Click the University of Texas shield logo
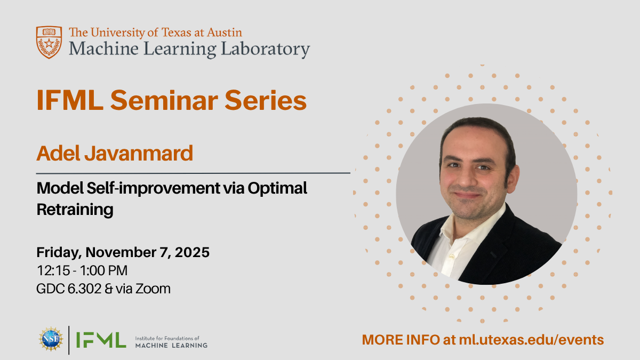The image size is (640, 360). click(49, 42)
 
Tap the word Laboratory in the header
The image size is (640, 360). click(266, 49)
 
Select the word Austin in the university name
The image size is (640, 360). click(225, 33)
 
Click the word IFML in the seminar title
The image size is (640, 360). click(70, 100)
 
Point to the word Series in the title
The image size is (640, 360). click(266, 100)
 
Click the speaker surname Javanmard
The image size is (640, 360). click(139, 154)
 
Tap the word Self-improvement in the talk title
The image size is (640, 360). click(153, 188)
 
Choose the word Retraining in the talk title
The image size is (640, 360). click(75, 210)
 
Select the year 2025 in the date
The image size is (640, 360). click(192, 252)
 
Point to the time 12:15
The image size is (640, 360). click(53, 270)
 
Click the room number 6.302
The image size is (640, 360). click(85, 289)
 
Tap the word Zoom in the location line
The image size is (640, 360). click(153, 289)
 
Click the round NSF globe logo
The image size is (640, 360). click(51, 339)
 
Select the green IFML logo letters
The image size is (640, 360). click(101, 340)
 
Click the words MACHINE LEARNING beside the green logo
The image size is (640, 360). click(171, 346)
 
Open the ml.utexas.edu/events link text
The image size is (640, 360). click(531, 340)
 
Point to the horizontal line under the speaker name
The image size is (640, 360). click(193, 173)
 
